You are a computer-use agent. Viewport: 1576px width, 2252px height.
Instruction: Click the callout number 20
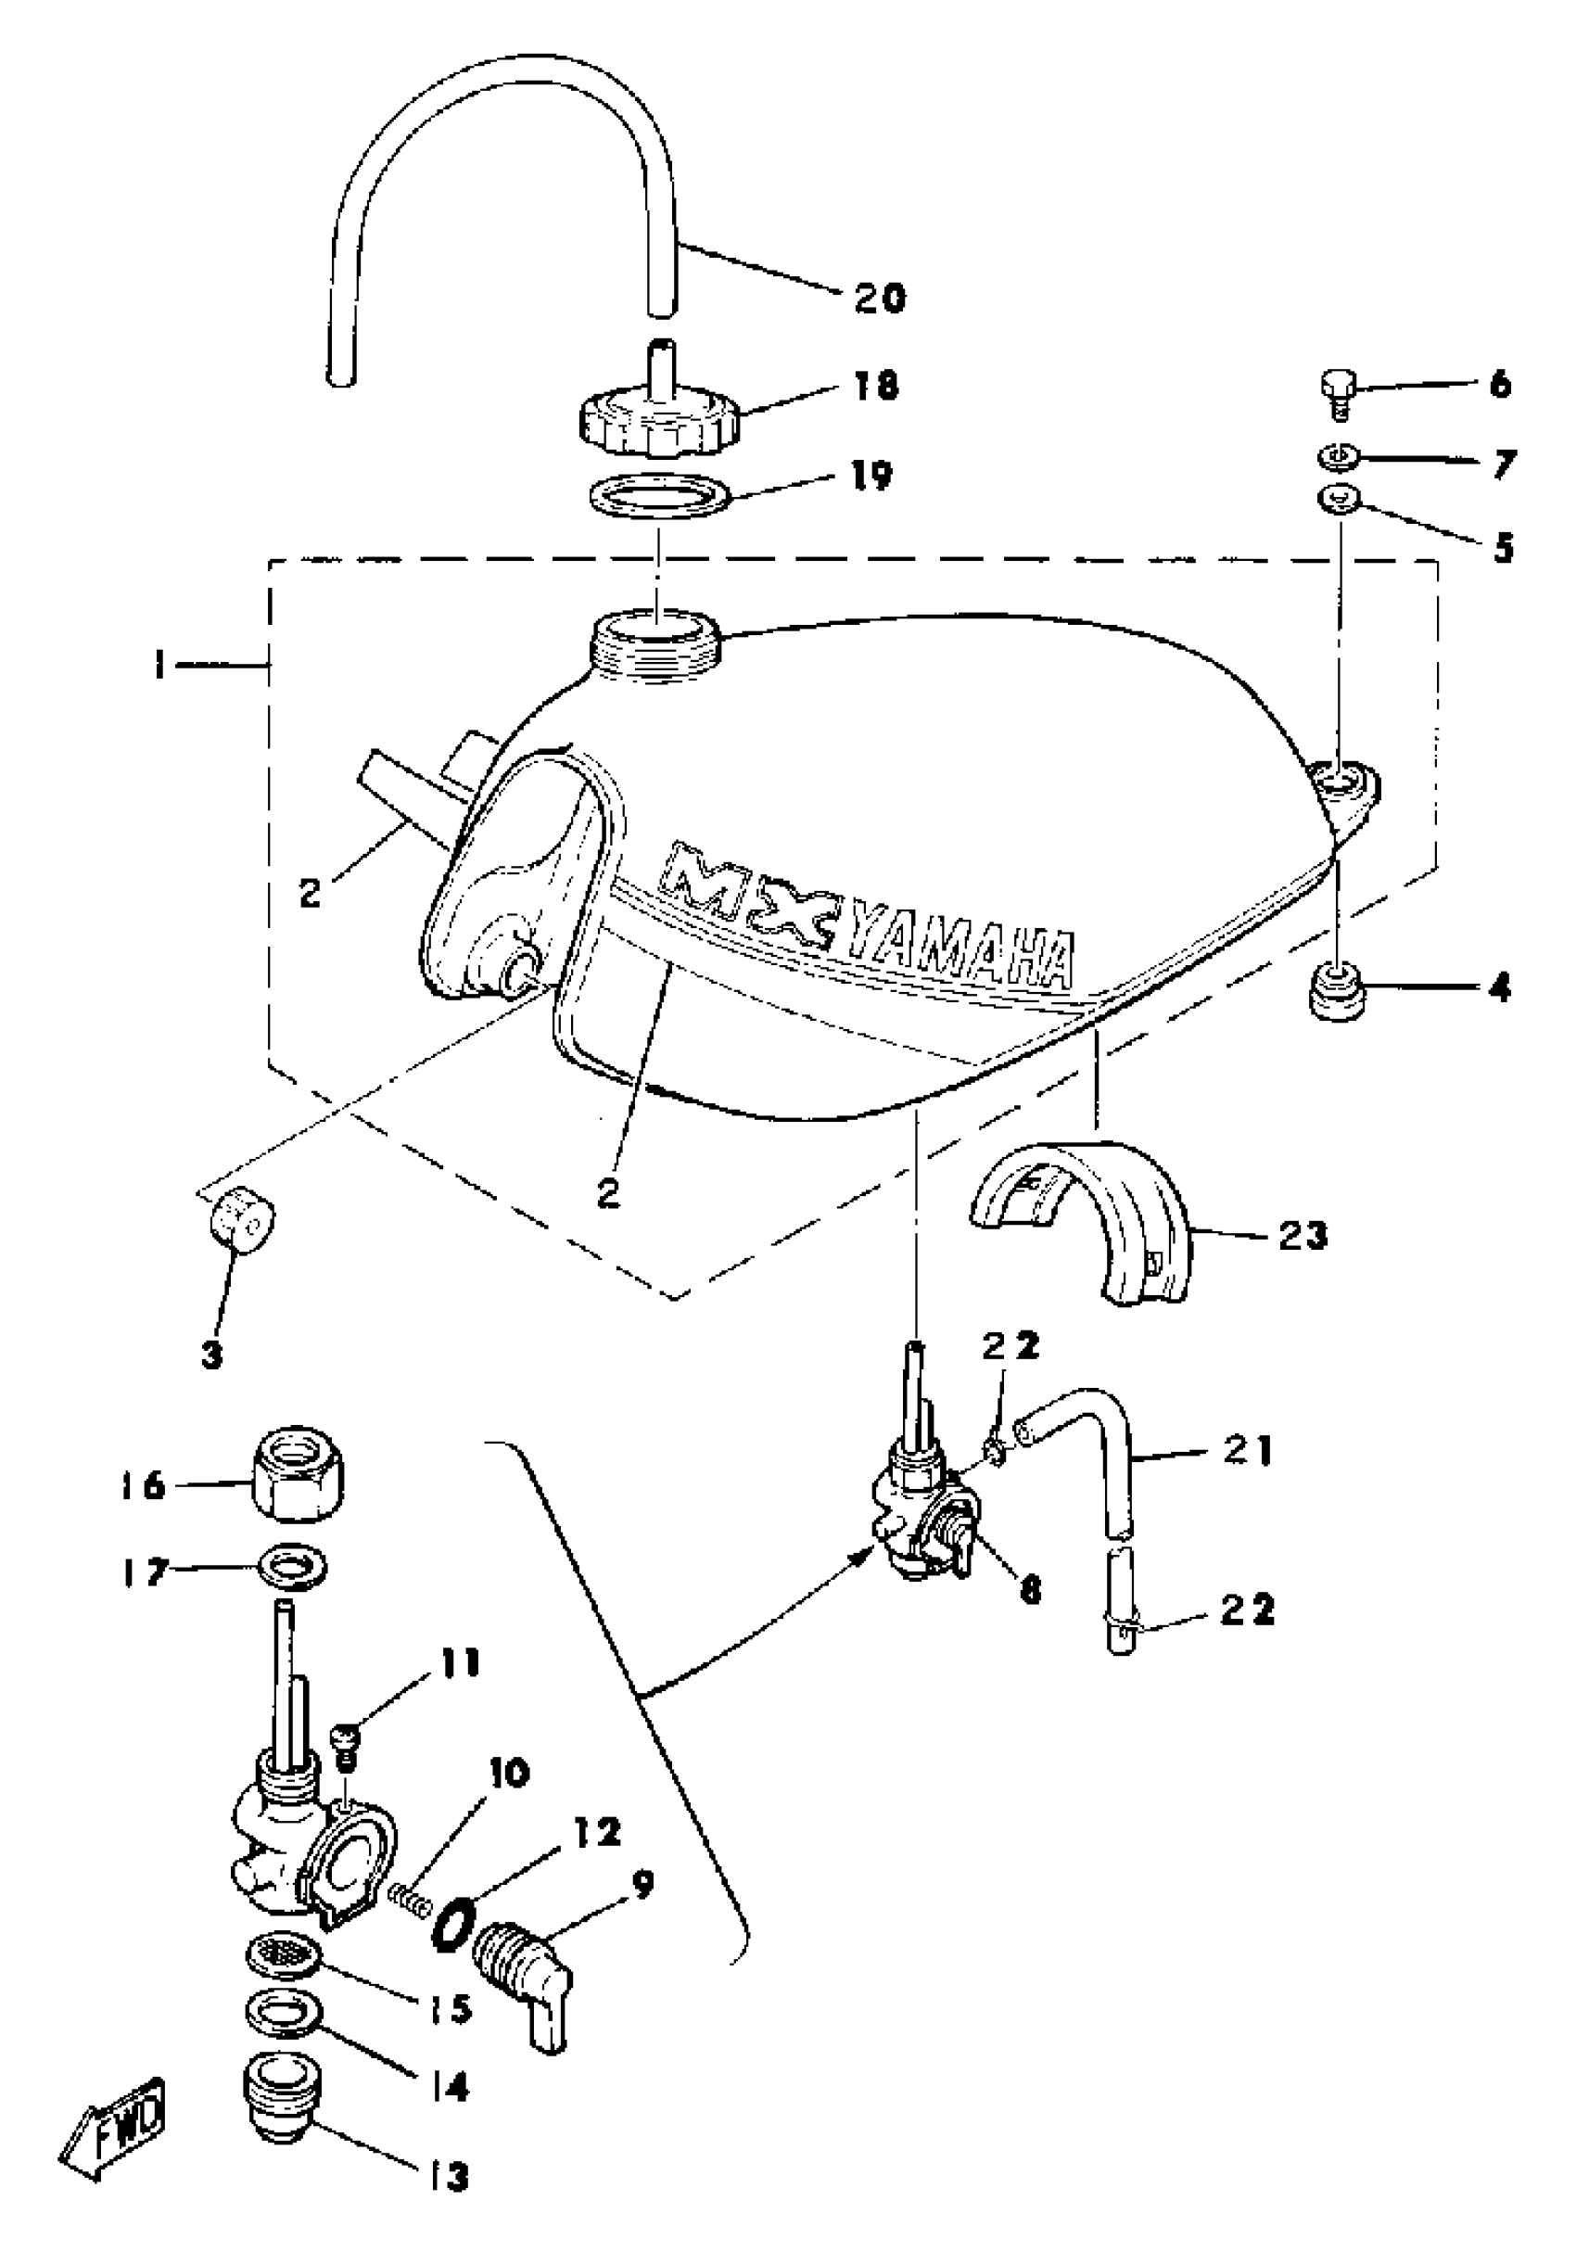879,296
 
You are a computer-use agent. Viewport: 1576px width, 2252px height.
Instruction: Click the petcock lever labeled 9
522,1966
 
